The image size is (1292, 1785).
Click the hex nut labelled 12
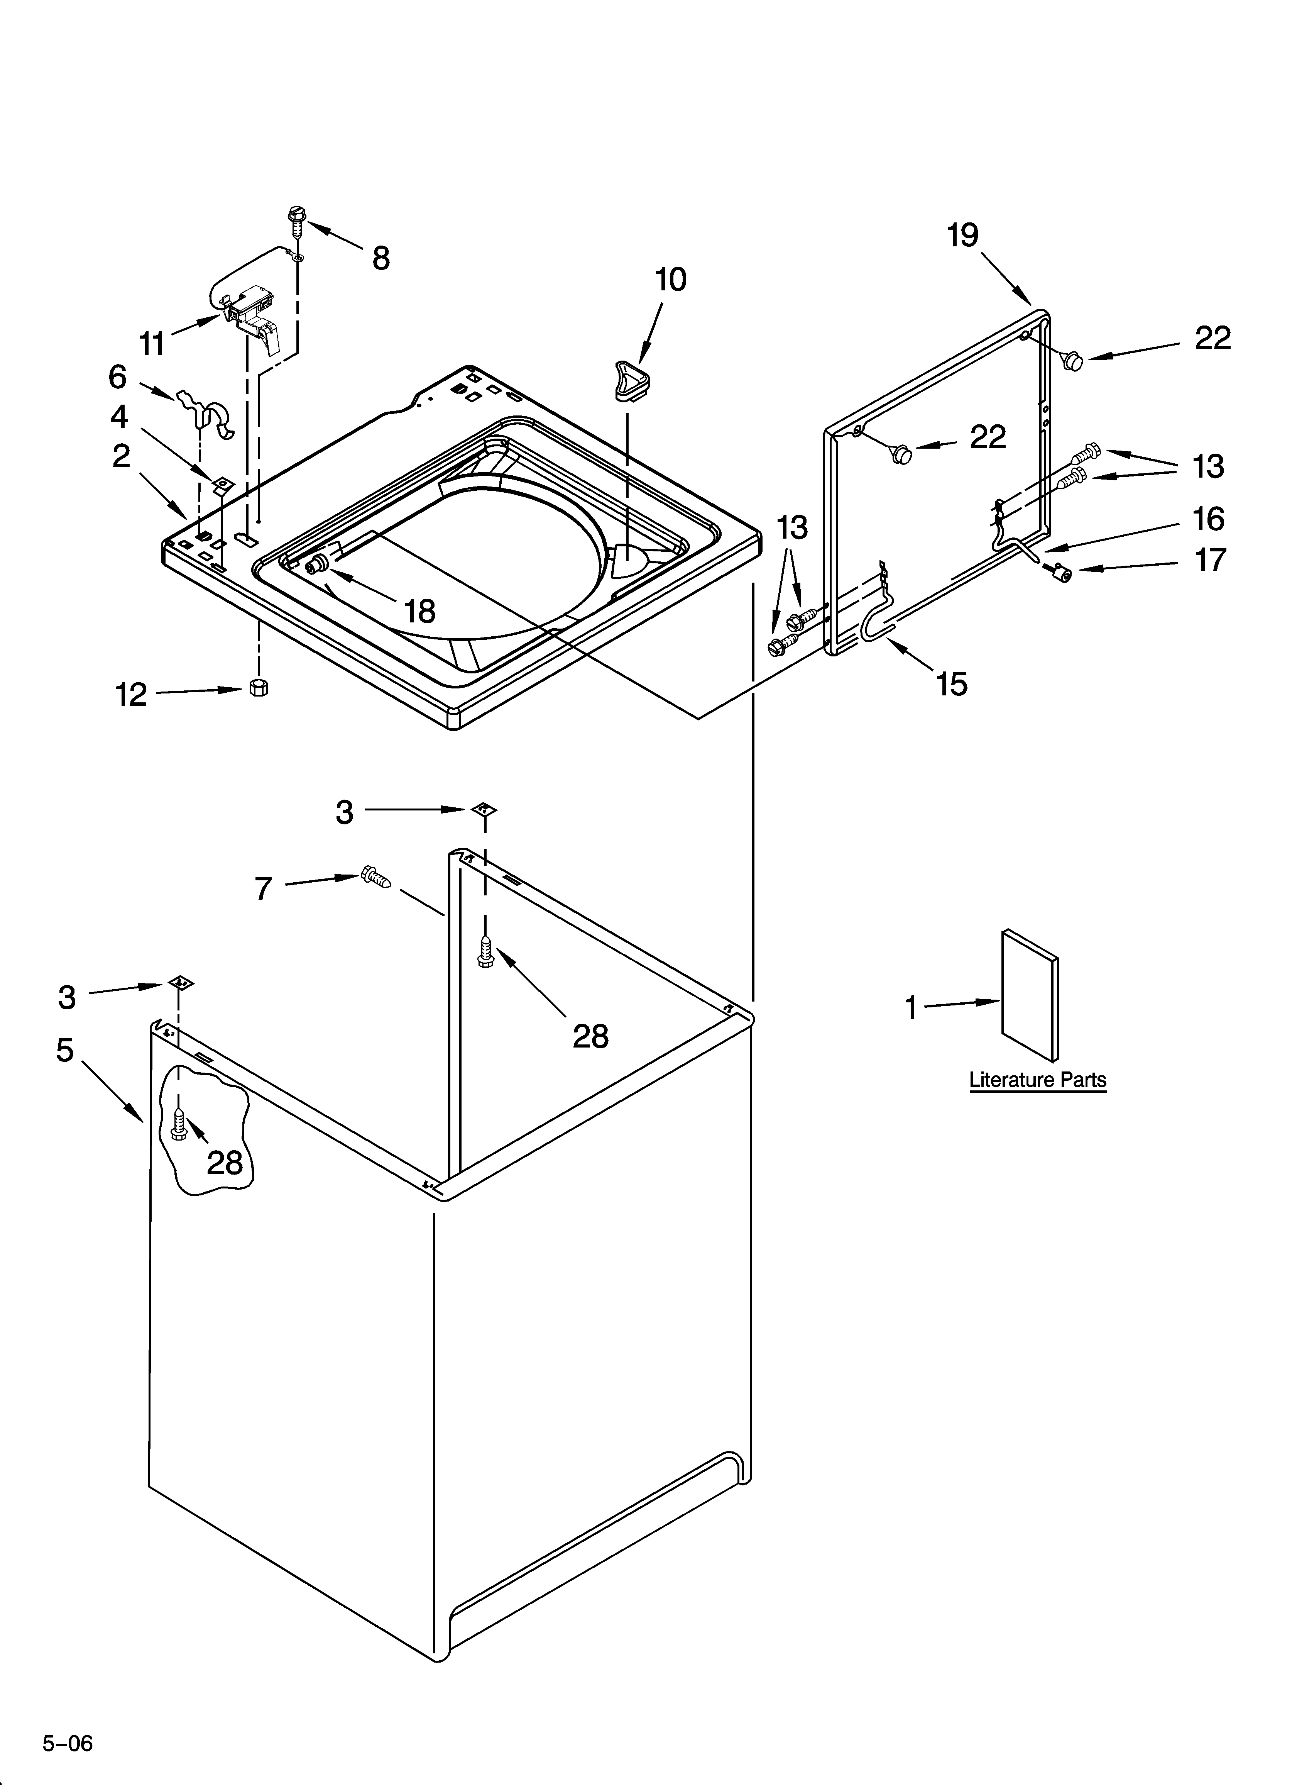click(x=258, y=686)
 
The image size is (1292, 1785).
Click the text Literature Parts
click(x=1037, y=1080)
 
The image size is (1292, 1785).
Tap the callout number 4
click(x=119, y=416)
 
